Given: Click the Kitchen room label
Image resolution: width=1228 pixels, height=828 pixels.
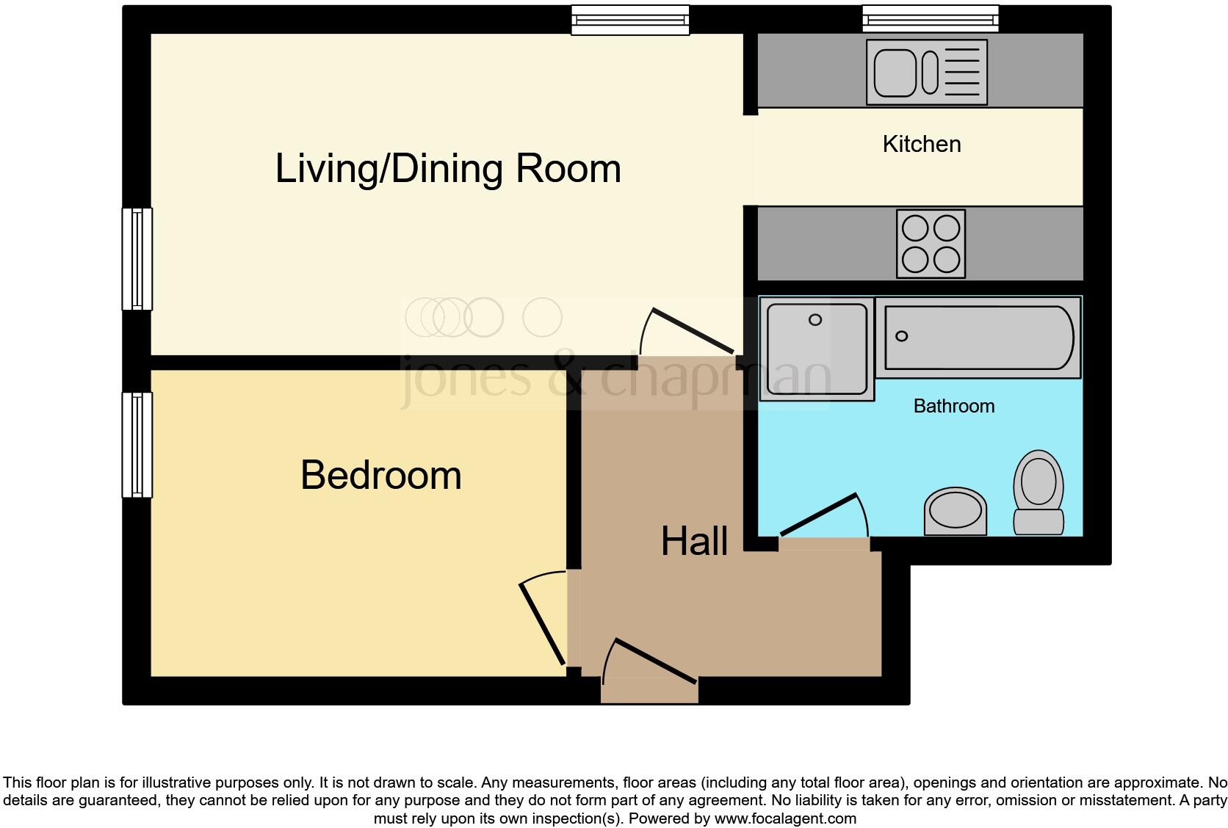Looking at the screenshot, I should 921,145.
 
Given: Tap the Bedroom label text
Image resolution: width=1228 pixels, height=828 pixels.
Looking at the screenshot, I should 380,475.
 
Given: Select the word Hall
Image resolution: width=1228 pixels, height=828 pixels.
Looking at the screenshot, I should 694,542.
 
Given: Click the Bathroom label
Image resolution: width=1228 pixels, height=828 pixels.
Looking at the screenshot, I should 953,406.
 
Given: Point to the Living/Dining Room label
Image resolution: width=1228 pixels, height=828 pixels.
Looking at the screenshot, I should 448,169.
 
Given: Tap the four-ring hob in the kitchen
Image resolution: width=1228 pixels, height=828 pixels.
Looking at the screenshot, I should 931,244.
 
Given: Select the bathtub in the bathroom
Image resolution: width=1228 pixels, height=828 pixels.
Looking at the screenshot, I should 980,338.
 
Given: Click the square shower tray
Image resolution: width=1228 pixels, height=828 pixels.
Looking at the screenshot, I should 816,349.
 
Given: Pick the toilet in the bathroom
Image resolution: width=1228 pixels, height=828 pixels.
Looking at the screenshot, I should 1039,493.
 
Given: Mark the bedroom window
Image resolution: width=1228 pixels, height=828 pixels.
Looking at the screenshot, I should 137,445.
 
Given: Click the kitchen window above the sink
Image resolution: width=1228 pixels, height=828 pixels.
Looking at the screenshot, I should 930,18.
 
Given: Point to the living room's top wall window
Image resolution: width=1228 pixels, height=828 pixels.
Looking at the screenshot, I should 630,20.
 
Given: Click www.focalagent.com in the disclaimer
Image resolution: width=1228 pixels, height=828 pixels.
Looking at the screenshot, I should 784,818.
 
